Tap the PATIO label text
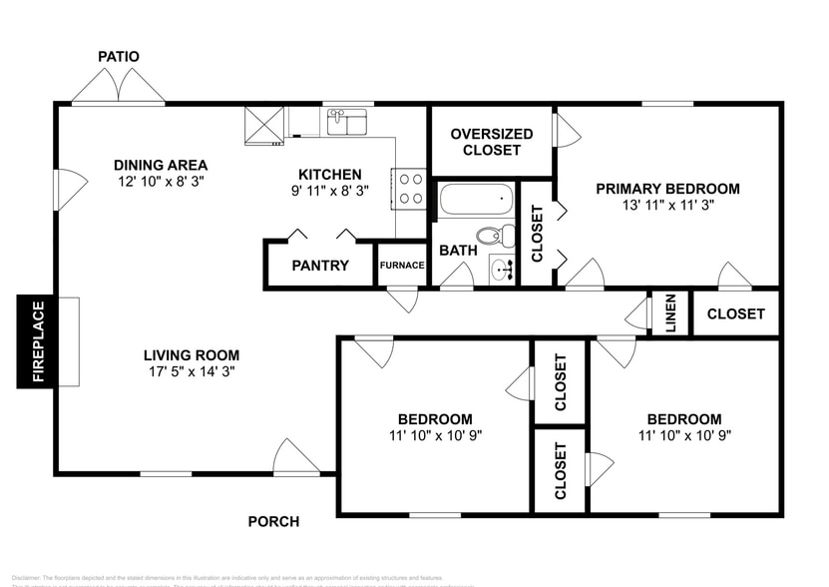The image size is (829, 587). click(119, 57)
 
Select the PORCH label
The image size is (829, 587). click(273, 521)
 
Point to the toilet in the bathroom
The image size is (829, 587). click(495, 237)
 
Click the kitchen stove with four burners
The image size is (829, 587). click(409, 188)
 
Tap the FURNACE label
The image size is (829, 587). click(402, 266)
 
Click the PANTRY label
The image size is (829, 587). click(320, 266)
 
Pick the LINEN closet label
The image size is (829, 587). click(670, 313)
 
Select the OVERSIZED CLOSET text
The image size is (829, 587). click(486, 142)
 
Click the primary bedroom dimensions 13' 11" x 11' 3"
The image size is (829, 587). click(667, 205)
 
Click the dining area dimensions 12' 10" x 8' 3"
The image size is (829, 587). click(161, 182)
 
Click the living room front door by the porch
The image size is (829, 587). click(296, 459)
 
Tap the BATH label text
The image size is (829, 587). click(458, 251)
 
